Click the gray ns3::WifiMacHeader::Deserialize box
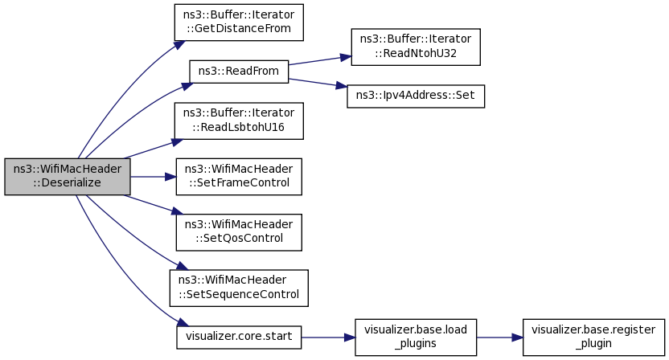point(68,177)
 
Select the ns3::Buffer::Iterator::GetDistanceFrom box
point(239,22)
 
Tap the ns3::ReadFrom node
point(239,72)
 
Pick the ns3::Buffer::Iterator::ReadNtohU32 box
point(416,47)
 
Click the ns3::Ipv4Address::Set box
point(416,96)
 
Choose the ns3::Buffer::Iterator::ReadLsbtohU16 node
point(239,121)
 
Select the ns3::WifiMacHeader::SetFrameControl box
point(239,177)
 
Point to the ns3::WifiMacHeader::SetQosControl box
point(239,232)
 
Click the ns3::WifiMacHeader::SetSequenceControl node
point(239,288)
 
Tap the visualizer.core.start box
point(239,337)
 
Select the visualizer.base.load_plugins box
point(416,337)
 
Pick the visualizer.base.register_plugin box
point(593,337)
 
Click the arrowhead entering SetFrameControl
point(170,177)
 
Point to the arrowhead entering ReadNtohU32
point(346,57)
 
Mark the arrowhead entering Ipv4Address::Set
point(341,86)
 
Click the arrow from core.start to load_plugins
point(328,337)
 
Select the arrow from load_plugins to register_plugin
point(499,337)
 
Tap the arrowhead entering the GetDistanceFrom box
point(179,45)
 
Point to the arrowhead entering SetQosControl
point(178,211)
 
